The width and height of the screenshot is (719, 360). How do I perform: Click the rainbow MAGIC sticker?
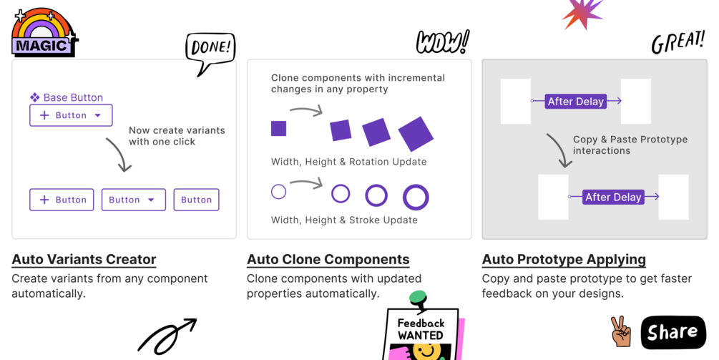(x=44, y=32)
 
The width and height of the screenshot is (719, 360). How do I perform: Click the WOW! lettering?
(x=443, y=42)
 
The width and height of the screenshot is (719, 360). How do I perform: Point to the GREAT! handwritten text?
(x=678, y=43)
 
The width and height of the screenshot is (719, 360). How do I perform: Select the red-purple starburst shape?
(x=583, y=13)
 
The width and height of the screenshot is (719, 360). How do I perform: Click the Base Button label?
(x=67, y=97)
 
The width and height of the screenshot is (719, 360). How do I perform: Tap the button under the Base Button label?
(x=71, y=115)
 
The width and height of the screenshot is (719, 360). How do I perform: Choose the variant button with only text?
(x=196, y=200)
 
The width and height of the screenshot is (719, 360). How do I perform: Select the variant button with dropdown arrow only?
(x=134, y=200)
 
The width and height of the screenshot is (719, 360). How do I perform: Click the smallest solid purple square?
(x=278, y=128)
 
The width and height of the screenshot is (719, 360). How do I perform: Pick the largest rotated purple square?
(x=416, y=134)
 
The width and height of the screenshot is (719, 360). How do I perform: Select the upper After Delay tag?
(x=576, y=102)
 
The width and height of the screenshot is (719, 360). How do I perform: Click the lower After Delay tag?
(x=614, y=198)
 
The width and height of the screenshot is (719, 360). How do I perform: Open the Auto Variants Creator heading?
(x=84, y=259)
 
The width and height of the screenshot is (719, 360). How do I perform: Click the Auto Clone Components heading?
(x=328, y=259)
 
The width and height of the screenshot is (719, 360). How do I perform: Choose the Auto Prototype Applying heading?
(x=564, y=259)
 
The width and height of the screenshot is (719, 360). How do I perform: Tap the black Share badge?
(x=673, y=332)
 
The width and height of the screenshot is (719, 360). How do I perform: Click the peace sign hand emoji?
(x=621, y=331)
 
